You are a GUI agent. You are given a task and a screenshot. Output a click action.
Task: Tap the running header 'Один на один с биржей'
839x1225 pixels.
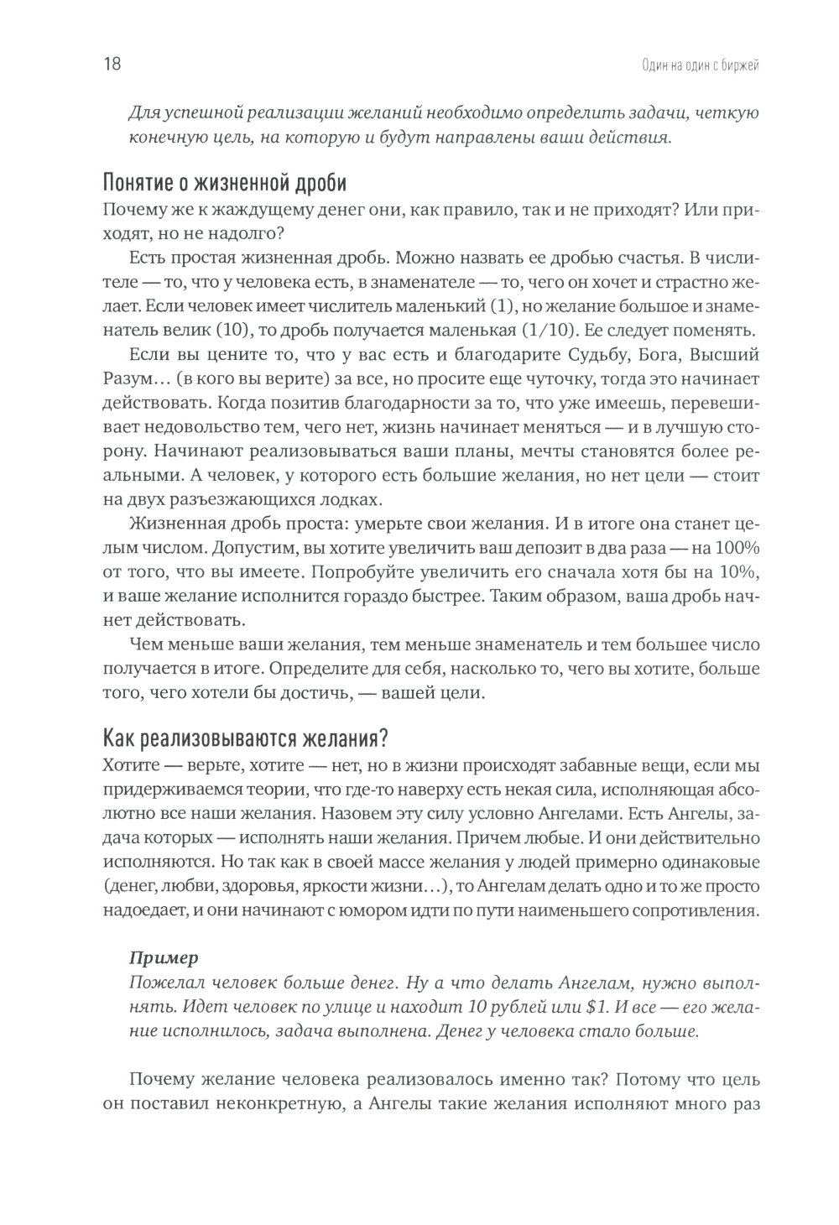pos(694,65)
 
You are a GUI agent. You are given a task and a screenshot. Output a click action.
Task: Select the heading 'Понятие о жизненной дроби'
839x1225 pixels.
pos(225,183)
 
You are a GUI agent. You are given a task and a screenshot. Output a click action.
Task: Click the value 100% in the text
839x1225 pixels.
pos(735,548)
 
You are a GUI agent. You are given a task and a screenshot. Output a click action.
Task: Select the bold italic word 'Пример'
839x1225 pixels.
pos(164,957)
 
